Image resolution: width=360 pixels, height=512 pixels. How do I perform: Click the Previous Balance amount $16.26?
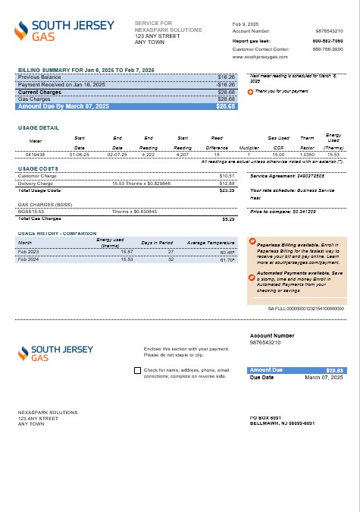tap(226, 77)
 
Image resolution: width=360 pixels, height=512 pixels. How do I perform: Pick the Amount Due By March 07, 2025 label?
tap(64, 107)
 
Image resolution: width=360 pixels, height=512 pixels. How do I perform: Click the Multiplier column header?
tap(249, 148)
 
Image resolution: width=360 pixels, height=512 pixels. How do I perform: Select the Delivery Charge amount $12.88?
tap(227, 184)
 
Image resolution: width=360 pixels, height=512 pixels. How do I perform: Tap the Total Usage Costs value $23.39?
tap(227, 191)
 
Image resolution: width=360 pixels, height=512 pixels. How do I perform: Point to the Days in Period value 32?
tap(171, 259)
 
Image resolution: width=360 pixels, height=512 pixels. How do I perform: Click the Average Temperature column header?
tap(211, 242)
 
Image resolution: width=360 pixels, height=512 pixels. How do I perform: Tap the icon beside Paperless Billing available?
tap(252, 242)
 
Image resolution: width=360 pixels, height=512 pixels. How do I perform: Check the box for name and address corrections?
tap(136, 371)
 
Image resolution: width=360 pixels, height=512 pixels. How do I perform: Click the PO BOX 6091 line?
tap(265, 418)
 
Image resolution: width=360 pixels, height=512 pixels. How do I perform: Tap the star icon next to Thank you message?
tap(251, 92)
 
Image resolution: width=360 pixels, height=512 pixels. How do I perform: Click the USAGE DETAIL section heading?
tap(39, 128)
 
